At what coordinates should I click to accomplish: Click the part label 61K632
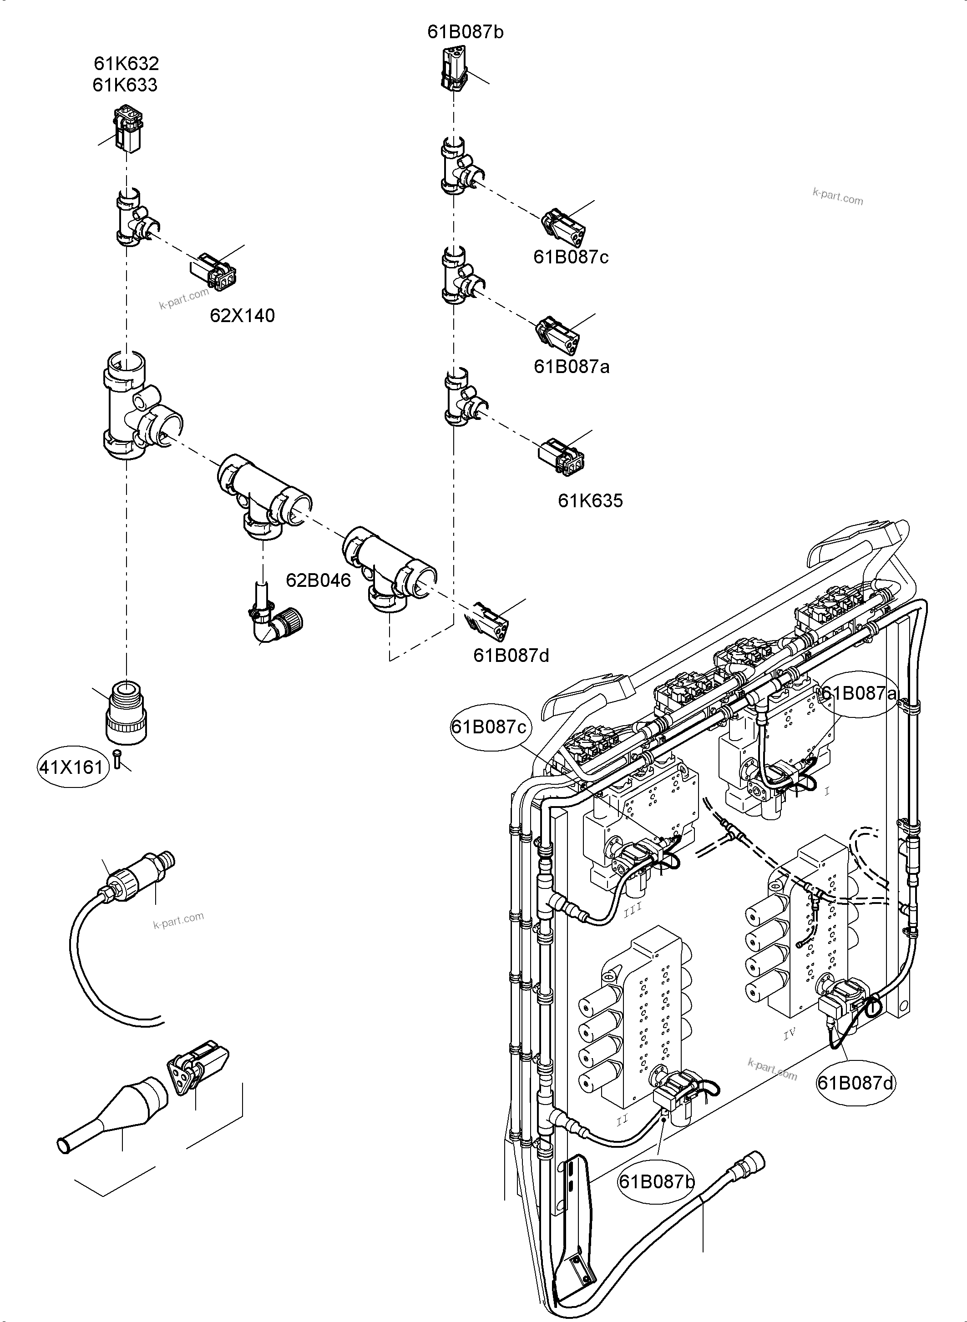tap(127, 63)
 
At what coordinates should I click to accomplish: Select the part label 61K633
tap(125, 86)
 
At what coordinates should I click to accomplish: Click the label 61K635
tap(590, 501)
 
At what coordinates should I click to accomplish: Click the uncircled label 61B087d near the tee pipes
tap(511, 656)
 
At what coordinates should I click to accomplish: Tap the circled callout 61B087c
tap(489, 727)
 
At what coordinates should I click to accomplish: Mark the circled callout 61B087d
tap(856, 1084)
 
